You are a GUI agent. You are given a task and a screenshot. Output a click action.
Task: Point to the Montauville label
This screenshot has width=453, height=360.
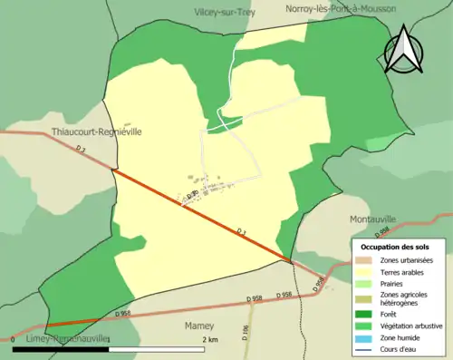pos(373,219)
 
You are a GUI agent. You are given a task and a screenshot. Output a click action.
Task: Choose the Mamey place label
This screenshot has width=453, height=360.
pos(198,325)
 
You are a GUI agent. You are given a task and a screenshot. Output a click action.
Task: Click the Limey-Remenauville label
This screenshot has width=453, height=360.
pos(61,337)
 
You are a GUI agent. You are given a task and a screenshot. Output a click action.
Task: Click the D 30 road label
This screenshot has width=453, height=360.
pos(191,195)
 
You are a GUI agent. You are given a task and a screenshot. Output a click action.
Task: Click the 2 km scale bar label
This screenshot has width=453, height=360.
pos(209,340)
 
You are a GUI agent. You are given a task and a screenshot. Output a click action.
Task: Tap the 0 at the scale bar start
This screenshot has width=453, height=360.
pos(14,340)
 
